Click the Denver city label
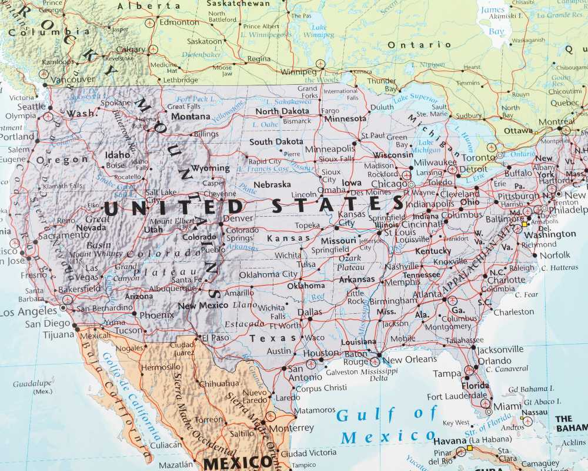pyautogui.click(x=238, y=218)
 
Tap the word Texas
pyautogui.click(x=273, y=339)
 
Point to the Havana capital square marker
pyautogui.click(x=470, y=449)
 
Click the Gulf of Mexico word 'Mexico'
pyautogui.click(x=380, y=437)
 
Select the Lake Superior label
pyautogui.click(x=415, y=98)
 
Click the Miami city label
pyautogui.click(x=507, y=407)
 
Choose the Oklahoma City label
pyautogui.click(x=268, y=274)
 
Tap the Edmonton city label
pyautogui.click(x=179, y=22)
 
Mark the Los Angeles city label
pyautogui.click(x=29, y=312)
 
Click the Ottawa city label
pyautogui.click(x=518, y=130)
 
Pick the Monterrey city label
pyautogui.click(x=293, y=428)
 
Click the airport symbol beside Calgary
pyautogui.click(x=153, y=49)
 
